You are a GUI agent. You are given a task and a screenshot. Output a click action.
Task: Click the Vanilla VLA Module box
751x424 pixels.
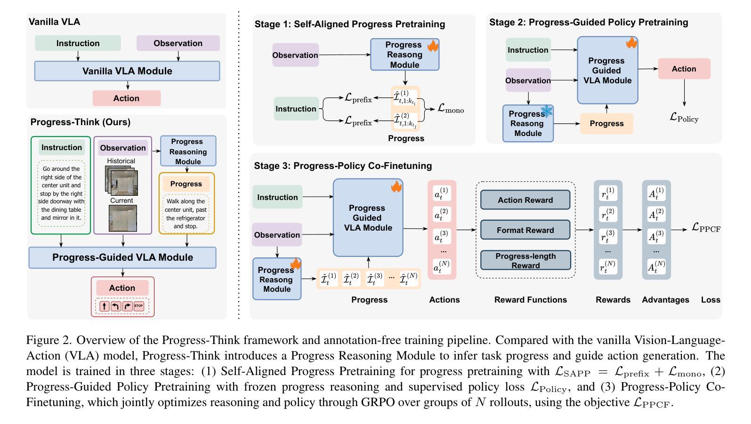click(x=127, y=71)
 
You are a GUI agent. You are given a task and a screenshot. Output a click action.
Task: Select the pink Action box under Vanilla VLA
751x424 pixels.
click(x=126, y=98)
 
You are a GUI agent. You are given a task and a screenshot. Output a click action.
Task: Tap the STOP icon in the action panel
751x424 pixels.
click(x=139, y=306)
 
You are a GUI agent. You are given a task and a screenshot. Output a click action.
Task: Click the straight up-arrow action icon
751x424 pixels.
click(x=105, y=306)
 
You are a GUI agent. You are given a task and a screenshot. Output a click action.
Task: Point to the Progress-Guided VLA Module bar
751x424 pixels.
click(x=122, y=257)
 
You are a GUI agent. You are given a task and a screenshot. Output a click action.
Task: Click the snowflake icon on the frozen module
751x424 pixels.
click(x=547, y=112)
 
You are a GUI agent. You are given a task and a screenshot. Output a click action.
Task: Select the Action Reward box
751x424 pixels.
click(x=525, y=200)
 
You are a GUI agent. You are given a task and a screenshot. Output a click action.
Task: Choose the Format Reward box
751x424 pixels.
click(x=525, y=230)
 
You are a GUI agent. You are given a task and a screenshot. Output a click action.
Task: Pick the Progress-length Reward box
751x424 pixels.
click(x=525, y=261)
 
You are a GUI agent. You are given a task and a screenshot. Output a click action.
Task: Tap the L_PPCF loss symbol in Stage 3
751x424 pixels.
click(x=706, y=228)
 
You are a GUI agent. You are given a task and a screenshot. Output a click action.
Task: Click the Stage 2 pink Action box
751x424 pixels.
click(x=684, y=69)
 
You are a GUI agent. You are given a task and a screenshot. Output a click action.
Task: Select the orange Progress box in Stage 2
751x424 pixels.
click(x=606, y=123)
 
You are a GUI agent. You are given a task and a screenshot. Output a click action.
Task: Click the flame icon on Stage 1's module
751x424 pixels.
click(x=433, y=46)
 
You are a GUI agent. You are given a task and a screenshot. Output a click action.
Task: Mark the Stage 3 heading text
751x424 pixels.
click(x=343, y=166)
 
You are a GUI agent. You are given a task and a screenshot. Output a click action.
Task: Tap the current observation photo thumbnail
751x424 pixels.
click(x=122, y=219)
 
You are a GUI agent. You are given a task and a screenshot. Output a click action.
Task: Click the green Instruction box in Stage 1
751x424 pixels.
click(x=296, y=109)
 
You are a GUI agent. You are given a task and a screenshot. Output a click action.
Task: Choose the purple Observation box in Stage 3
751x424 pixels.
click(x=277, y=235)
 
